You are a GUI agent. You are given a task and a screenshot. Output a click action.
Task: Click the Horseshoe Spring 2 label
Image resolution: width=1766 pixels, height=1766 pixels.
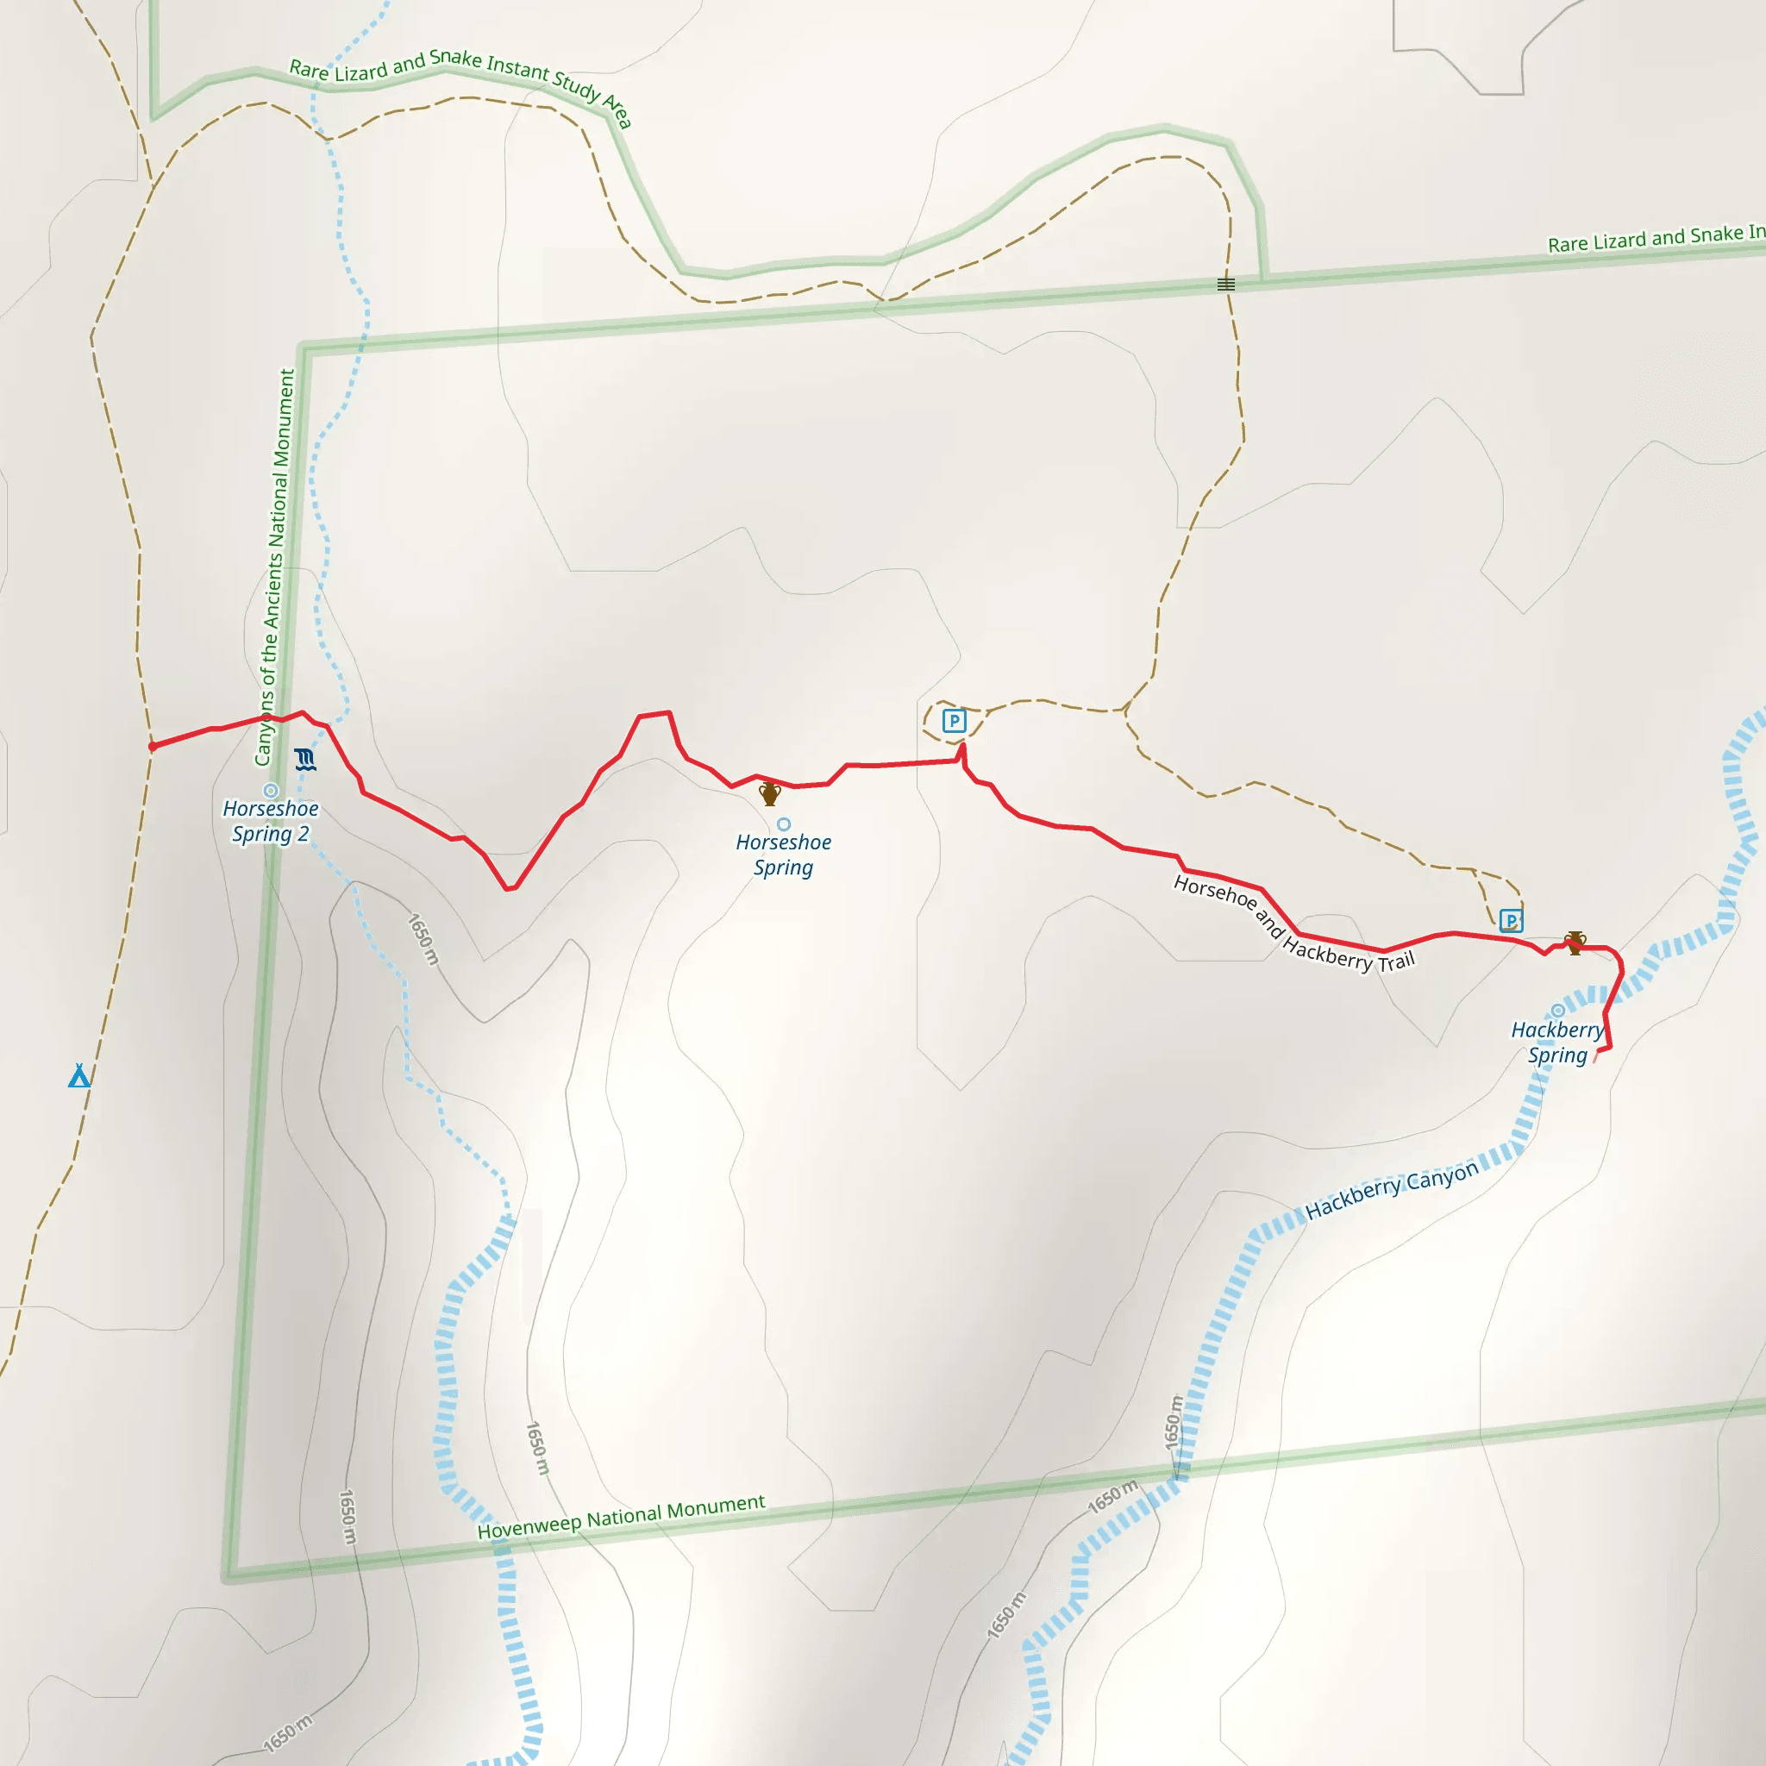(x=271, y=821)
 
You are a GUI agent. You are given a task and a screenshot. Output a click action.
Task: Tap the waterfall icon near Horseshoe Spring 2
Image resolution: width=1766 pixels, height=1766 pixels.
(x=305, y=759)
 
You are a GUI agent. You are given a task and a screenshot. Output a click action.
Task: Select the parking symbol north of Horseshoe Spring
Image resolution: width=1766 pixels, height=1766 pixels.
(x=955, y=721)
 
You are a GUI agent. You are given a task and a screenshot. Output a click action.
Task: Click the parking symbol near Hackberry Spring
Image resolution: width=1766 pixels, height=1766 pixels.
(x=1511, y=920)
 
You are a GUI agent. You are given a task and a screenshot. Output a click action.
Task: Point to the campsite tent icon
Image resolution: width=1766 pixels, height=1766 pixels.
(x=79, y=1076)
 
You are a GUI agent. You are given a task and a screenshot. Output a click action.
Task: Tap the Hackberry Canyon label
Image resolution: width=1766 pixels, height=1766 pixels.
(x=1391, y=1191)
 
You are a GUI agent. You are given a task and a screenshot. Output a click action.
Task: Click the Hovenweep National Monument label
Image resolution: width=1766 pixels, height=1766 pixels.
(x=622, y=1518)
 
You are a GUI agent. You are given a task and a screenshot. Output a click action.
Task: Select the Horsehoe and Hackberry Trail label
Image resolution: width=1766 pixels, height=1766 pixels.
(x=1293, y=924)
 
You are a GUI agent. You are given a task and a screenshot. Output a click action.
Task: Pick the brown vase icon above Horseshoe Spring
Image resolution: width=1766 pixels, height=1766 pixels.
(x=770, y=793)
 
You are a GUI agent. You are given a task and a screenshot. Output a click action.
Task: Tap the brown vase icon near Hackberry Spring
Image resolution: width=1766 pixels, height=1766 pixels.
(x=1575, y=942)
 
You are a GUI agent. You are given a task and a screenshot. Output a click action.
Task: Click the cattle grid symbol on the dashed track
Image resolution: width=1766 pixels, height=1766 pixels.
(x=1226, y=285)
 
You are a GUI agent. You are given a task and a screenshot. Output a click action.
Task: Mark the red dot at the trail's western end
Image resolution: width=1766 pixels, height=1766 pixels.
(x=153, y=747)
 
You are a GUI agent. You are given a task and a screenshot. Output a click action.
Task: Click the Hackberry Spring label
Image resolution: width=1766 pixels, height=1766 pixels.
(x=1557, y=1042)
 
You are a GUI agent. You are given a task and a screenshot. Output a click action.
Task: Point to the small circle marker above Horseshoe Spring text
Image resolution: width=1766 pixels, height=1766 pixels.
(x=783, y=824)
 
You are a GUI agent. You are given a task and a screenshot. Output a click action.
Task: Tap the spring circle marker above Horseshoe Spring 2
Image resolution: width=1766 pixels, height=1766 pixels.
(x=271, y=791)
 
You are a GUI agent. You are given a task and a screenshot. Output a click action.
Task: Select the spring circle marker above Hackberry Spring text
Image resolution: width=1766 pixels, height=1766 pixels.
(x=1557, y=1011)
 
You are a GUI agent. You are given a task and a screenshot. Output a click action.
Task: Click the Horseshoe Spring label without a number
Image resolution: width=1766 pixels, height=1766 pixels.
(x=783, y=855)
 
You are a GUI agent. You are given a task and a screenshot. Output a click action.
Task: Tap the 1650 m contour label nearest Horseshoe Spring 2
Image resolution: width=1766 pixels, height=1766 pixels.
(x=423, y=939)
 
